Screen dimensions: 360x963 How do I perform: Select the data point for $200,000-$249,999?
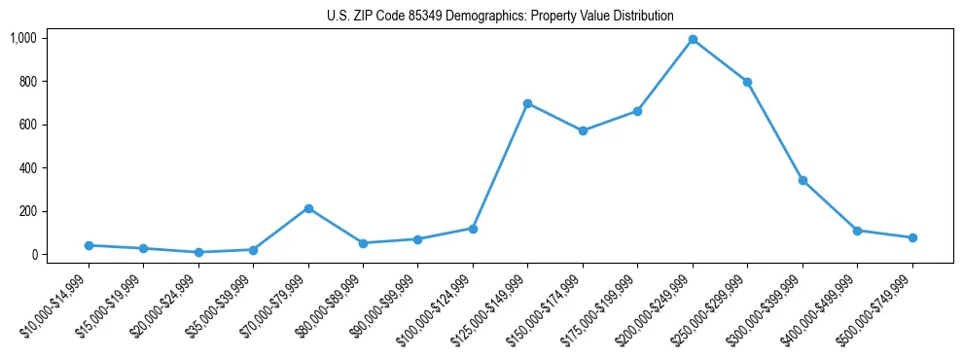[693, 40]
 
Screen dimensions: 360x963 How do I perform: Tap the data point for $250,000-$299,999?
[747, 82]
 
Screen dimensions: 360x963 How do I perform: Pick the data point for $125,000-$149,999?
[527, 103]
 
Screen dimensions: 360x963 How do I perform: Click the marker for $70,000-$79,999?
[308, 208]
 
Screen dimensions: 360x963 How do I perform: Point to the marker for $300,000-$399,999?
[802, 180]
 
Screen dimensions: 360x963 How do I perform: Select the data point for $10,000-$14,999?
[89, 245]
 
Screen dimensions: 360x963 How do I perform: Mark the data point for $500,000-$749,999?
[912, 237]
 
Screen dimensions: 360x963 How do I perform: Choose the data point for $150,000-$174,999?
[583, 130]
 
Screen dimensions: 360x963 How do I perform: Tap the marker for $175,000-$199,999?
[637, 111]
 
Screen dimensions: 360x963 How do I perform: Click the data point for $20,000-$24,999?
[198, 252]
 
